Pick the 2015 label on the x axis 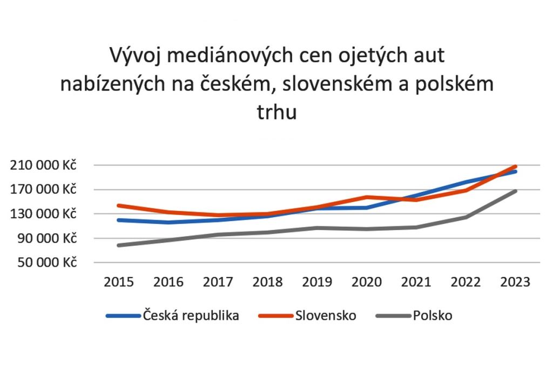pos(119,282)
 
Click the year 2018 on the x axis pos(267,282)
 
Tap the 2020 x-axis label pos(367,282)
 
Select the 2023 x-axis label pos(515,282)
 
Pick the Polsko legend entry pos(433,316)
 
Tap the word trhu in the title pos(276,114)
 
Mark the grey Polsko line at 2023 pos(516,191)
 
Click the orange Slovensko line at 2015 pos(119,205)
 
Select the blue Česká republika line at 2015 pos(119,220)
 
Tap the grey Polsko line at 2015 pos(119,245)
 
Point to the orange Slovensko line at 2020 pos(367,197)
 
